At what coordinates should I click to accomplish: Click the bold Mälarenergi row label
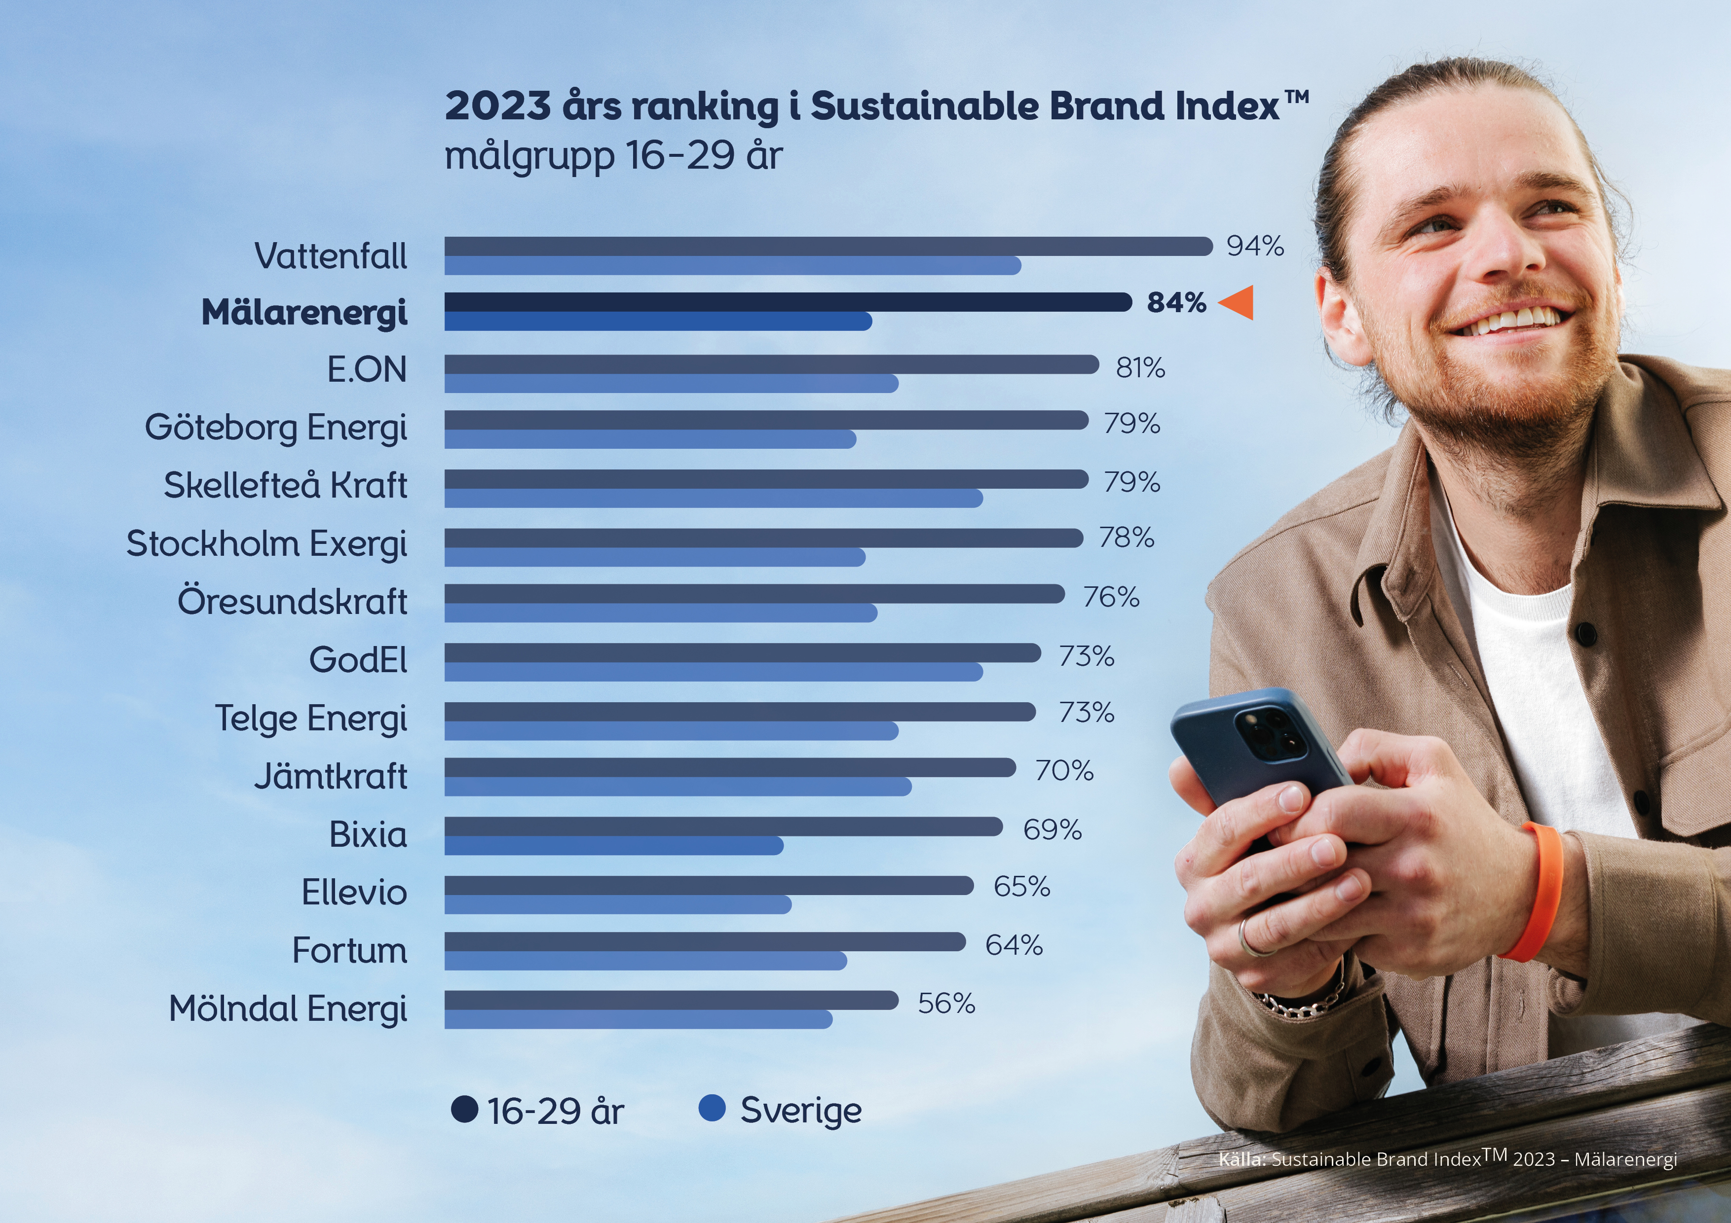[x=304, y=313]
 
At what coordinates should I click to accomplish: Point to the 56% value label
[x=946, y=1004]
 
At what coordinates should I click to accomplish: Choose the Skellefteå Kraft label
[x=285, y=485]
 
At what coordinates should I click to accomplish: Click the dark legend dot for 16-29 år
[x=464, y=1109]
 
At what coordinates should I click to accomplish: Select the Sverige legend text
[x=801, y=1111]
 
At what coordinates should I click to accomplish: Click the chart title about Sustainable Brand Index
[x=875, y=106]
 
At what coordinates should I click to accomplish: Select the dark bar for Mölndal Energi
[x=671, y=1000]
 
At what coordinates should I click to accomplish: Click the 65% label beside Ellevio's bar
[x=1021, y=887]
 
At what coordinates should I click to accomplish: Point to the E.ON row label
[x=367, y=370]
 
